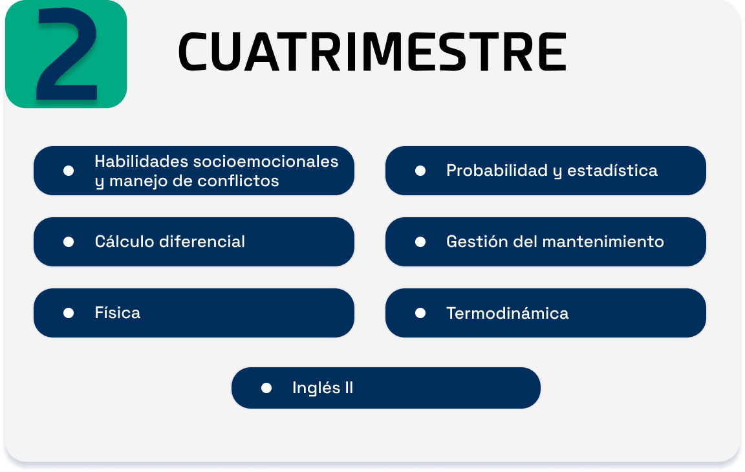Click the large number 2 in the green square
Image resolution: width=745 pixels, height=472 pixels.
67,54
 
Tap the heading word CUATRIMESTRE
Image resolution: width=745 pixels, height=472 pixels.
372,52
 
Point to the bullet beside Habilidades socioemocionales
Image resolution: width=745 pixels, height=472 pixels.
69,171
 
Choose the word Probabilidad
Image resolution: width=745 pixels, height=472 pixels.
497,171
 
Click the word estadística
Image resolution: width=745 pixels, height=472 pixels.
612,171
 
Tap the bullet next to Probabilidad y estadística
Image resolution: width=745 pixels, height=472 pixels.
420,171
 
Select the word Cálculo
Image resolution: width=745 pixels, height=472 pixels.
125,241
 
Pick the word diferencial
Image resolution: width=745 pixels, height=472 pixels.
202,241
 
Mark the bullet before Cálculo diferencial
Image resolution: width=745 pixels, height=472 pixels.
69,242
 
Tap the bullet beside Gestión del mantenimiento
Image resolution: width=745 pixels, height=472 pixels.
420,242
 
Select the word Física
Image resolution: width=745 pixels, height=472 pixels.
117,312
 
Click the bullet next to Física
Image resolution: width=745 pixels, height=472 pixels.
69,313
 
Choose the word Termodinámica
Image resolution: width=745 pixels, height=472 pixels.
508,313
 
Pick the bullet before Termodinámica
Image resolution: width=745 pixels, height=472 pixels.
420,313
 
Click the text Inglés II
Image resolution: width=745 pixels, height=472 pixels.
323,388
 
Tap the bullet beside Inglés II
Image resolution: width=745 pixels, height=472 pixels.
266,389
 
